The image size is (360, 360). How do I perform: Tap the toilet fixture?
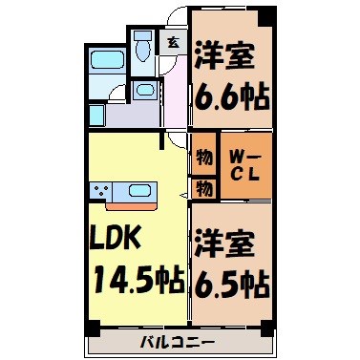(x=144, y=47)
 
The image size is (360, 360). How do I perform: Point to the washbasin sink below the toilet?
(x=143, y=91)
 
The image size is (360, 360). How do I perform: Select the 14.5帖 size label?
(x=138, y=280)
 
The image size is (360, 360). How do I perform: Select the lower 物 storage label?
(x=202, y=189)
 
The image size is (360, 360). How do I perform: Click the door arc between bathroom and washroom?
(x=119, y=93)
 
